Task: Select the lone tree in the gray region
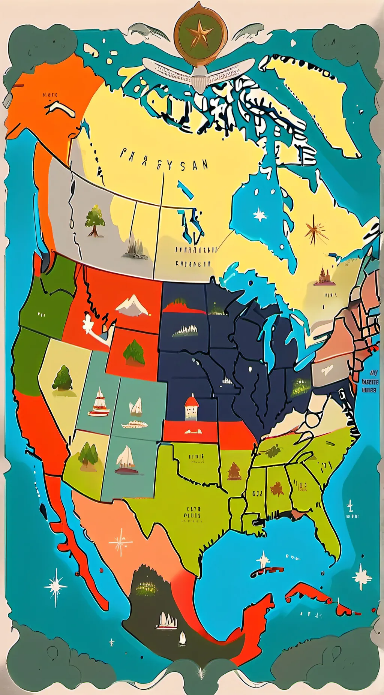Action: (94, 221)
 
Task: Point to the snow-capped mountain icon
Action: (132, 305)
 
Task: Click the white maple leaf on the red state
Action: (88, 323)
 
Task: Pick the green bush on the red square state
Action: (134, 352)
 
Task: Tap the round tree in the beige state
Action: (63, 379)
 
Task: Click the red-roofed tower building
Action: (191, 407)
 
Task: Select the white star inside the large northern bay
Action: (260, 215)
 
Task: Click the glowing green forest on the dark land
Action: (147, 588)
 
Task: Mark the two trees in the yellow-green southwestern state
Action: (88, 455)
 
